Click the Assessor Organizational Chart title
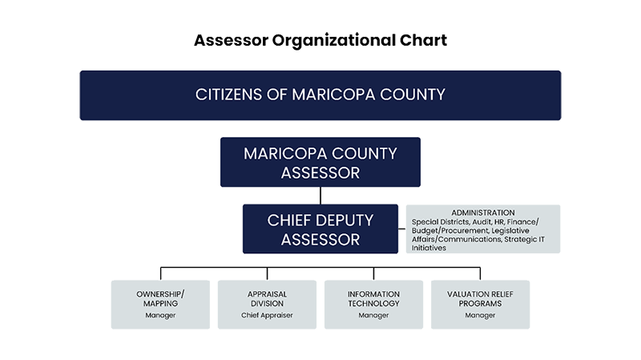tap(320, 41)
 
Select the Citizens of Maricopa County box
tap(320, 95)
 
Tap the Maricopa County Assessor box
tap(320, 162)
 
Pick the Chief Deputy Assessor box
tap(320, 229)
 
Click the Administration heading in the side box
tap(483, 212)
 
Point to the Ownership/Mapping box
tap(160, 305)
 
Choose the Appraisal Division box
tap(267, 305)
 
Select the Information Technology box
tap(373, 305)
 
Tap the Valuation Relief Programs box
tap(480, 305)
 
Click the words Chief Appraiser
tap(267, 315)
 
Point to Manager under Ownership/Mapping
tap(160, 315)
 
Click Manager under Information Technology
tap(373, 315)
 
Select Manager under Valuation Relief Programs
tap(480, 315)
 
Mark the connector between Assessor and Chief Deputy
tap(320, 196)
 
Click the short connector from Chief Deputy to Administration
tap(402, 229)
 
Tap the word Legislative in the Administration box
tap(510, 231)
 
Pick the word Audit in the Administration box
tap(482, 222)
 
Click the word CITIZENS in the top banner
tap(228, 95)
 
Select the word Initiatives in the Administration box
tap(429, 248)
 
